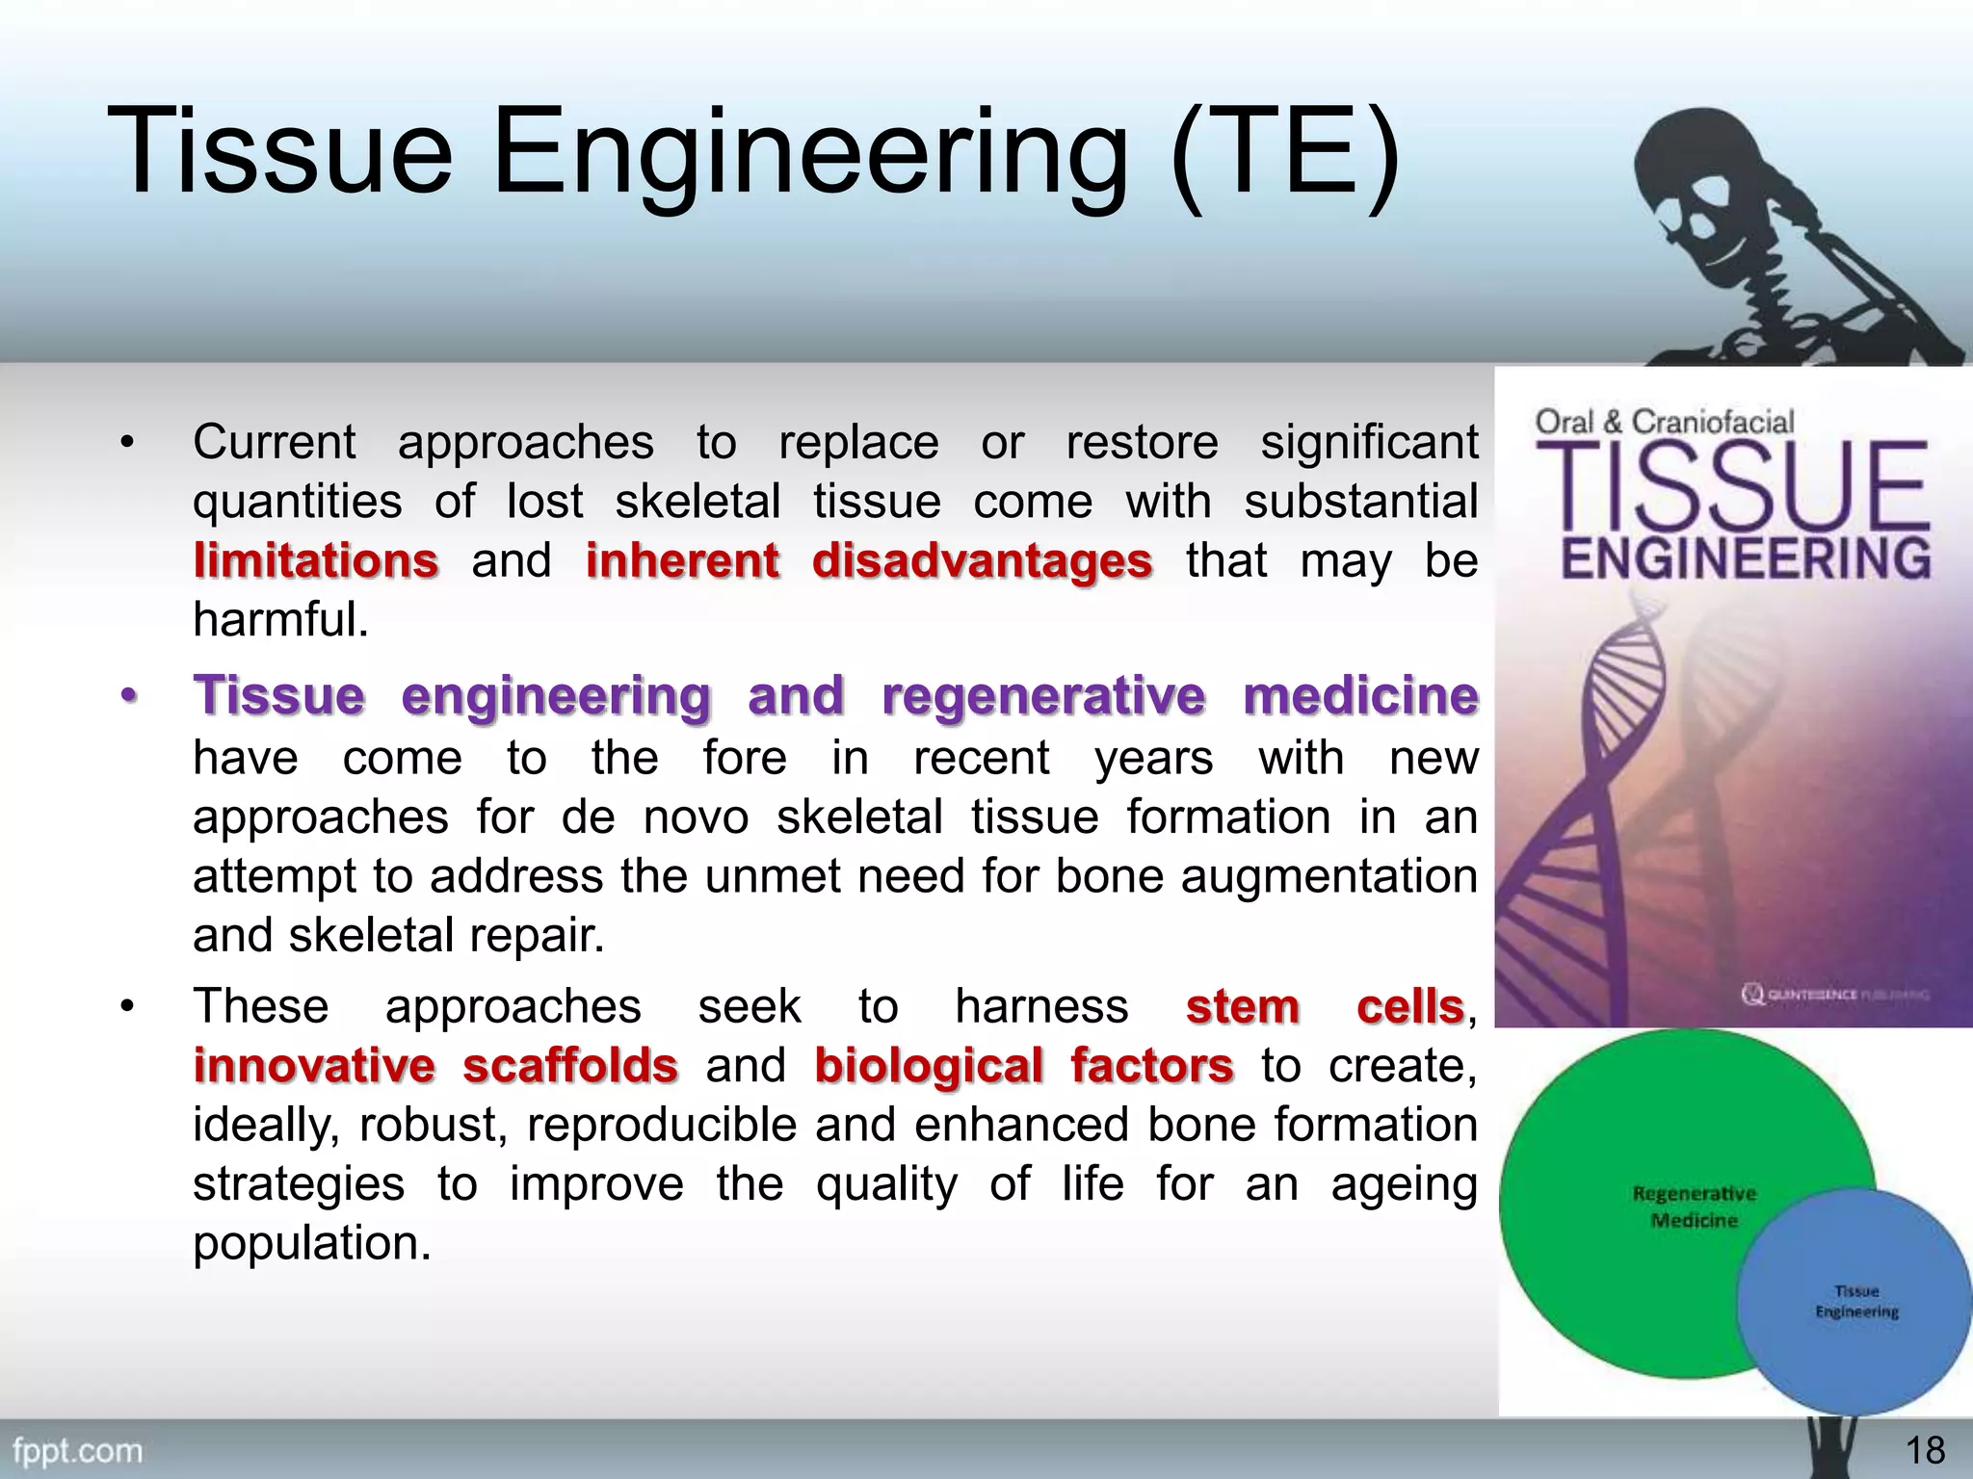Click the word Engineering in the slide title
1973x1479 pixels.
[809, 154]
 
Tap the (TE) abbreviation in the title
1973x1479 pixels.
[1286, 154]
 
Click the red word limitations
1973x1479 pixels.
[316, 560]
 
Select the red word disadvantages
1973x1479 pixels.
[982, 560]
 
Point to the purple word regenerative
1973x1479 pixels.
[1043, 695]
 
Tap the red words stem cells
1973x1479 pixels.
[1325, 1007]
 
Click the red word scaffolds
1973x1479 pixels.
[570, 1066]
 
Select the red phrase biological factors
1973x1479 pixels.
[1024, 1066]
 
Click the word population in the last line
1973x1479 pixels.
[310, 1243]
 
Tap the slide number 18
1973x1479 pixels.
[1925, 1450]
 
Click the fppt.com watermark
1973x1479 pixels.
[77, 1450]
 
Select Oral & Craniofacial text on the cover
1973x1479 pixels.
[1665, 422]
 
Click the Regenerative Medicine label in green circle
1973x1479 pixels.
[1695, 1207]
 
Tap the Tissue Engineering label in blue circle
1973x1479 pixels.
[1856, 1301]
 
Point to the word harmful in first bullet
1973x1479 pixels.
[279, 620]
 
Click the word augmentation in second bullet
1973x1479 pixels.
[1328, 876]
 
